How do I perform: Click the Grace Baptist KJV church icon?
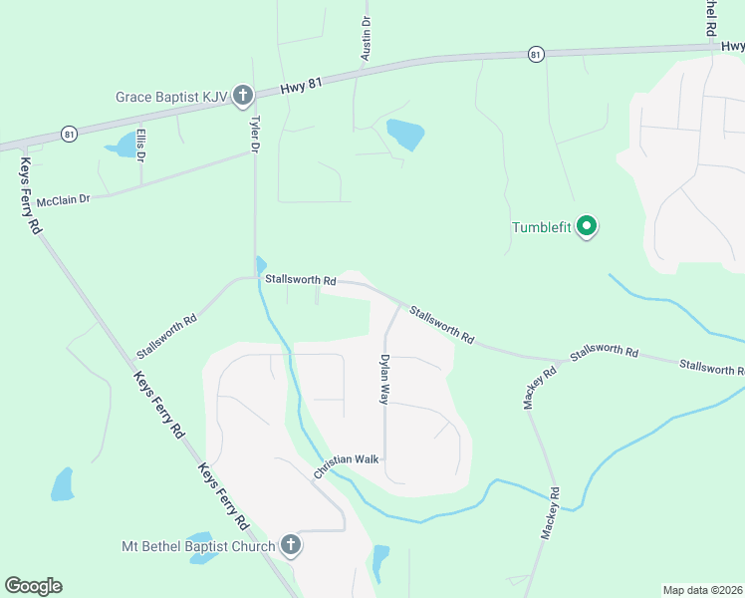click(x=244, y=97)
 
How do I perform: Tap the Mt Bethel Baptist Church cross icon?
click(x=290, y=544)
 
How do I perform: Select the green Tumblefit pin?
click(x=587, y=227)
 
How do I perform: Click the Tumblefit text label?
click(x=541, y=227)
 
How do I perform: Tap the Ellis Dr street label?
click(x=141, y=146)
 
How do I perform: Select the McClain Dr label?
click(x=64, y=200)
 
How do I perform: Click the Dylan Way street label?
click(x=383, y=379)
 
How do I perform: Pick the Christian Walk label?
click(x=347, y=464)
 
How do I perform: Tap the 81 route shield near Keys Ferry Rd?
click(x=68, y=133)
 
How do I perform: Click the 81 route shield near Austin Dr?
click(x=537, y=54)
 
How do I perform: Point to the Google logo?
click(x=33, y=586)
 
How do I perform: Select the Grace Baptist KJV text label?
click(x=171, y=98)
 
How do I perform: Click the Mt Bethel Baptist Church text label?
click(x=197, y=546)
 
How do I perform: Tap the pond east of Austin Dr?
click(x=405, y=134)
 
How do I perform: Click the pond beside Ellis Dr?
click(x=124, y=146)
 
